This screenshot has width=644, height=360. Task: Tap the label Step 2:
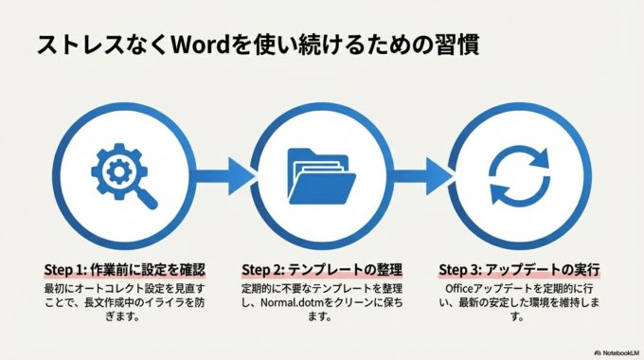(x=264, y=269)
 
